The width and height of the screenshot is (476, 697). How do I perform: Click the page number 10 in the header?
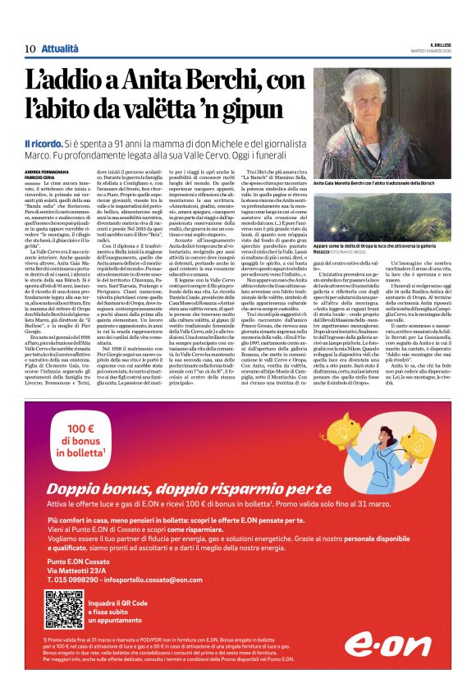click(30, 48)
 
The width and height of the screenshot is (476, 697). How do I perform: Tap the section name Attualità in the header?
click(61, 48)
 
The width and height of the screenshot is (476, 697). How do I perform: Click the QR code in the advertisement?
click(64, 608)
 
